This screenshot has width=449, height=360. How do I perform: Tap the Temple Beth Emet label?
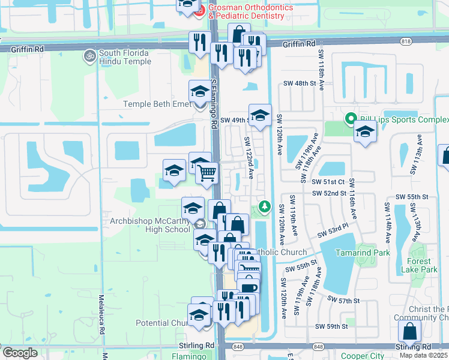click(x=157, y=104)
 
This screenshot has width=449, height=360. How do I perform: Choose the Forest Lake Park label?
click(x=419, y=265)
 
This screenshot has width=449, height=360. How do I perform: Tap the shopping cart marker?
click(x=207, y=173)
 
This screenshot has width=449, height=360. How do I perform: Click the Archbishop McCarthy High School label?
click(x=150, y=225)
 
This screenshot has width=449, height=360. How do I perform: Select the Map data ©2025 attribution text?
click(x=424, y=355)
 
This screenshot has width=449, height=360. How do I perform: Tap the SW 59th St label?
click(x=332, y=326)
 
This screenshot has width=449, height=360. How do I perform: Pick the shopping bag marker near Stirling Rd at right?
click(x=409, y=331)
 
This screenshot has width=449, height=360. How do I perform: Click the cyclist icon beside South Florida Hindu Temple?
click(x=90, y=55)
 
